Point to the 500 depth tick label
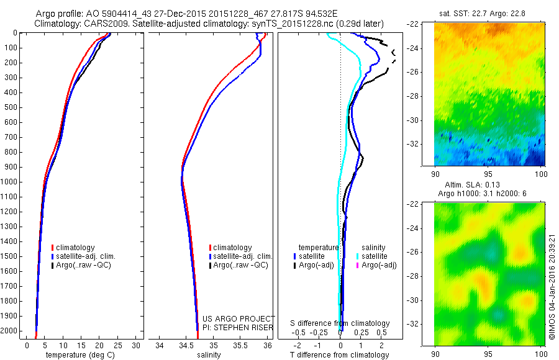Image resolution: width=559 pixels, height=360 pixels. tap(11, 107)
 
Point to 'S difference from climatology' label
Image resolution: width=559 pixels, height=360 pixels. tap(340, 323)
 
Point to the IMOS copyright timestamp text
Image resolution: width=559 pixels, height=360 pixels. tap(552, 286)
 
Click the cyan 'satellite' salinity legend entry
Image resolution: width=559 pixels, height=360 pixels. tap(374, 256)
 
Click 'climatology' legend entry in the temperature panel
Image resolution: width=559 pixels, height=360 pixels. tap(75, 248)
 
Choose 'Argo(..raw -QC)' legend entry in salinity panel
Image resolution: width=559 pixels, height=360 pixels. tap(240, 265)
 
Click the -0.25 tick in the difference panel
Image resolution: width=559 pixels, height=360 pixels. tap(320, 333)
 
